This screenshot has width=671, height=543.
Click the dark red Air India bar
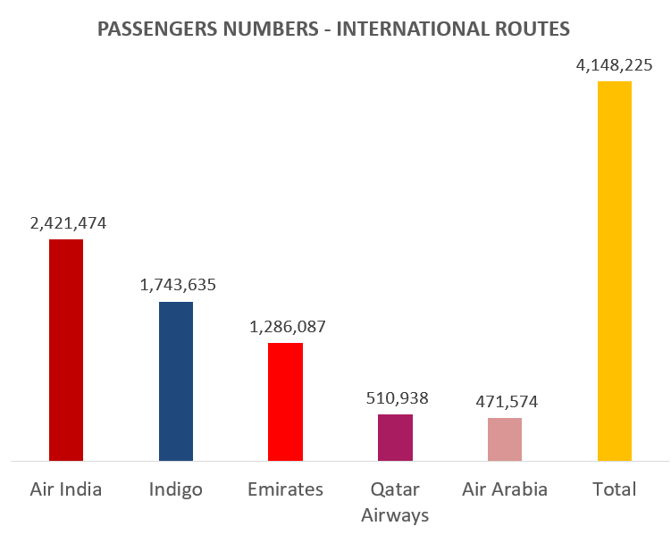pos(66,349)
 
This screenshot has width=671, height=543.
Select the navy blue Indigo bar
pos(176,380)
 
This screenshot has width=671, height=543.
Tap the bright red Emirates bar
pos(286,401)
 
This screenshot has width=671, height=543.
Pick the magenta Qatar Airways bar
pos(395,437)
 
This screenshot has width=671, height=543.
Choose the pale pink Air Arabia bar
pos(505,439)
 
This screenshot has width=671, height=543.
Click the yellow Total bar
pos(615,271)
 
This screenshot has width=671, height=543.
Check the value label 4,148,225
pos(616,65)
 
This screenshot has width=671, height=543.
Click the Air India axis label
pos(66,489)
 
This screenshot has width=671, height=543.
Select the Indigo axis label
pos(176,489)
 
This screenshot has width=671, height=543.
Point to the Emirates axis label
pos(286,489)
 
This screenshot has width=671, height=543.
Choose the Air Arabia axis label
pos(505,489)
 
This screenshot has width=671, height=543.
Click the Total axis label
pos(615,489)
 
